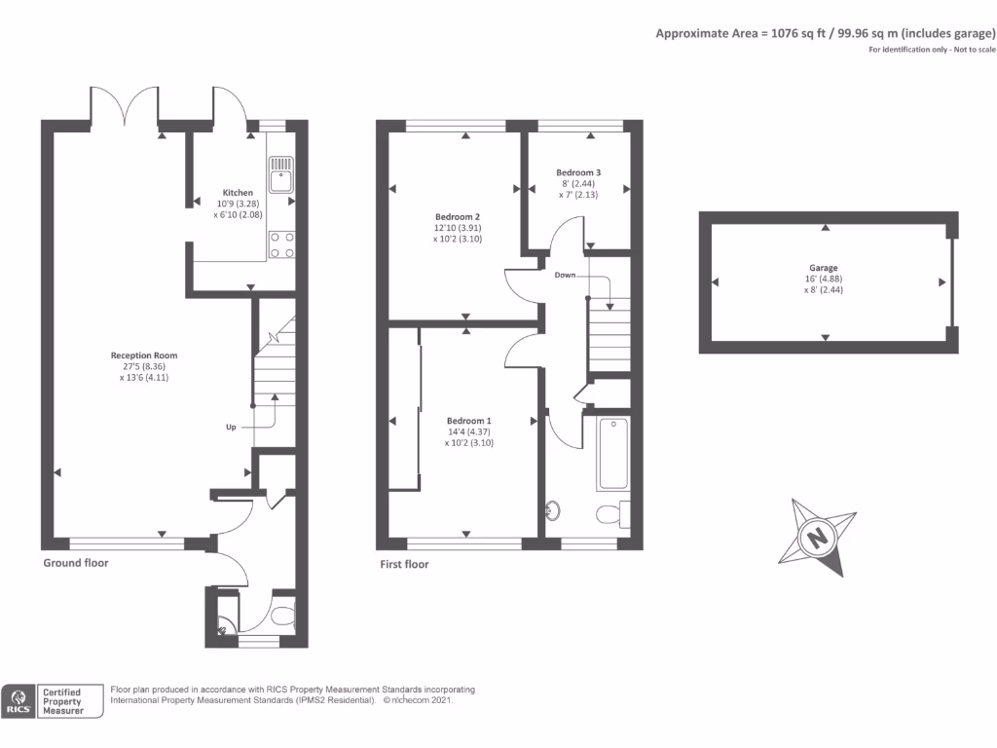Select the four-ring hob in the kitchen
tap(282, 244)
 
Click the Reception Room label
tap(144, 355)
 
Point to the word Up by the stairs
tap(231, 427)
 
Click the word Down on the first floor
tap(565, 276)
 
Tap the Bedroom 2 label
tap(458, 216)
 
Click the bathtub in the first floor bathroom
tap(613, 453)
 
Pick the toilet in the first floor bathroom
tap(610, 512)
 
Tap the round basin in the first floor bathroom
tap(553, 509)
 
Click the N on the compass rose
tap(818, 537)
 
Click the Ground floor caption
tap(76, 563)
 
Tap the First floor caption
tap(403, 564)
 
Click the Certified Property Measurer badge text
tap(60, 701)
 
